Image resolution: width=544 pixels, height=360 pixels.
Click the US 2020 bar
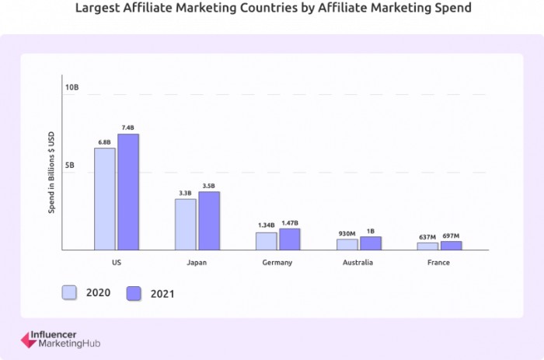coord(105,199)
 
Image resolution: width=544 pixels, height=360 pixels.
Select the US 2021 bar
coord(128,192)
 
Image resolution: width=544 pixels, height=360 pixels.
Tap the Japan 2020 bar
coord(185,225)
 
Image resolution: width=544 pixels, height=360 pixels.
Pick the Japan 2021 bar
coord(209,221)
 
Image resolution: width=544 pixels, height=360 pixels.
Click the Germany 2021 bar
coord(290,239)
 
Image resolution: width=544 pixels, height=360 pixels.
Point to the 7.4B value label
coord(127,128)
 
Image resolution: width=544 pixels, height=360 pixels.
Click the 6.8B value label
coord(104,142)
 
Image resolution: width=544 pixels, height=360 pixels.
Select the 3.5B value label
coord(209,185)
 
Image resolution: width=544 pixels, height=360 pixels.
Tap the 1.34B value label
coord(266,225)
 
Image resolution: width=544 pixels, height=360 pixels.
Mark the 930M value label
coord(347,232)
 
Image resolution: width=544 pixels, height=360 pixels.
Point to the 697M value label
coord(451,236)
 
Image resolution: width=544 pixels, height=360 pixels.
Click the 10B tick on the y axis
coord(71,87)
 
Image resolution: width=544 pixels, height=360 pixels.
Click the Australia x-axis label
coord(357,263)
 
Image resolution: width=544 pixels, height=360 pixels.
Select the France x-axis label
coord(439,263)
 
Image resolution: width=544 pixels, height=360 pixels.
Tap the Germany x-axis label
coord(277,263)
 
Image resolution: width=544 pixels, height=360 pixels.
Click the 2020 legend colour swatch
coord(69,292)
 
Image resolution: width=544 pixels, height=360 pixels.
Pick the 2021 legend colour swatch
coord(134,293)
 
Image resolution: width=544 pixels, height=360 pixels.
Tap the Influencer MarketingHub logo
coord(61,339)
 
